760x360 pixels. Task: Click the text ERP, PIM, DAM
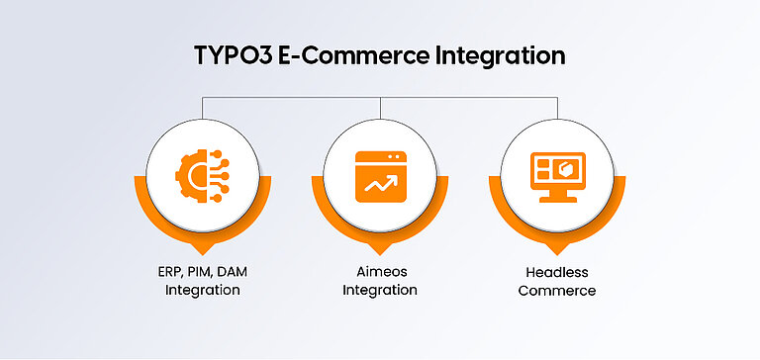coord(202,272)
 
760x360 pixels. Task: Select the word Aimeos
coord(380,272)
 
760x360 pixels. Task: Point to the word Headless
coord(557,272)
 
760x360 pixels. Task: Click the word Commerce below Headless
coord(557,291)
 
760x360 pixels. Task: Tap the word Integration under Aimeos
coord(380,291)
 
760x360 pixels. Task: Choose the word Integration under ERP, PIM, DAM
coord(202,291)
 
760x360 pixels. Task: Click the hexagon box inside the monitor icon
coord(567,169)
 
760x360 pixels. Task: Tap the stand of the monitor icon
coord(557,196)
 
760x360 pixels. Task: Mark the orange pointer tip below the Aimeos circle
coord(380,250)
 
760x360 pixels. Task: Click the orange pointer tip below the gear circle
coord(203,250)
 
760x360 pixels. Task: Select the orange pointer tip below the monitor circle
coord(557,250)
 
